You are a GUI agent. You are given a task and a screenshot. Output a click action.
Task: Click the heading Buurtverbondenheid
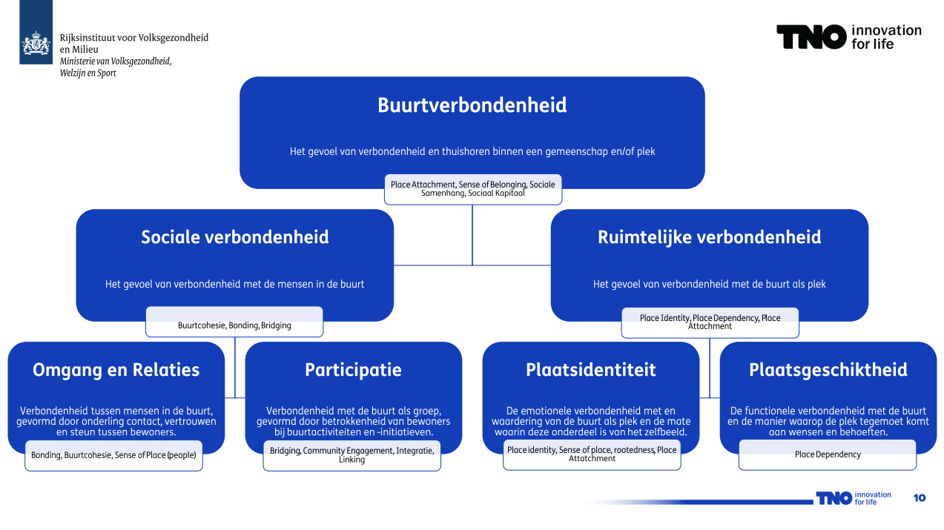(472, 105)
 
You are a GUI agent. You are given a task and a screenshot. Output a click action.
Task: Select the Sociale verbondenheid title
(234, 237)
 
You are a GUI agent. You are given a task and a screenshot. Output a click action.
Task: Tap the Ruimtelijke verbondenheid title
(709, 237)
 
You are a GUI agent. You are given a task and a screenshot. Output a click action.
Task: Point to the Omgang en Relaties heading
(116, 370)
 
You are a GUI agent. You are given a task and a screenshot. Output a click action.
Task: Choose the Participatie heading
(353, 370)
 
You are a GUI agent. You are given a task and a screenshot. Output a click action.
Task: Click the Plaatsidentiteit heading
(590, 370)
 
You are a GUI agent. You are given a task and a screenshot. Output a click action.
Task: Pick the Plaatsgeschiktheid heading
(828, 370)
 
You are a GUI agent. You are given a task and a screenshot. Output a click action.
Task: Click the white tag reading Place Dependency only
(828, 454)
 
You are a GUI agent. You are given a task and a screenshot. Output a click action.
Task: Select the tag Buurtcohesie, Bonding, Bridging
(234, 325)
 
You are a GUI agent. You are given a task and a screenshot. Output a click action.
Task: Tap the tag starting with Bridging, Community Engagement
(352, 455)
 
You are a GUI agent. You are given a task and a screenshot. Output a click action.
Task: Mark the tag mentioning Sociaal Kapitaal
(472, 189)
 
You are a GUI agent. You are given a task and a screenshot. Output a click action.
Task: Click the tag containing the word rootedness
(592, 454)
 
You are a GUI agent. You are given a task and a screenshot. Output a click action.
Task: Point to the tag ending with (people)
(113, 455)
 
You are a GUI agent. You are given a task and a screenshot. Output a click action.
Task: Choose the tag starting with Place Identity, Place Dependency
(710, 322)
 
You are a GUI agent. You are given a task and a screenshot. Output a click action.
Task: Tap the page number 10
(920, 497)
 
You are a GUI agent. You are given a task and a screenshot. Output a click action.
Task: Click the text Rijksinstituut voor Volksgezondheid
(134, 38)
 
